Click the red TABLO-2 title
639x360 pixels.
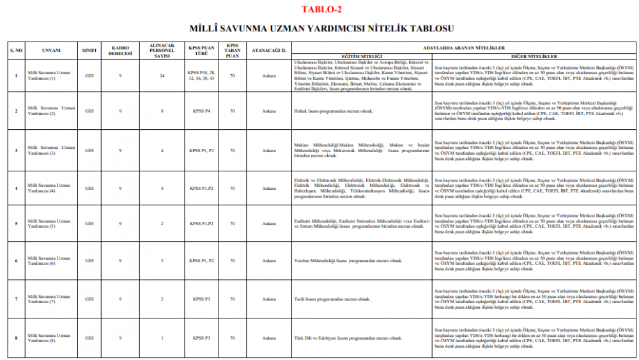point(321,9)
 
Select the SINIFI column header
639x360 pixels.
point(89,49)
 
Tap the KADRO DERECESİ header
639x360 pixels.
point(121,49)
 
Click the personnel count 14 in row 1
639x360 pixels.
point(162,75)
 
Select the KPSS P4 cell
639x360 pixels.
point(201,111)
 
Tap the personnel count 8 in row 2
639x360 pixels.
point(162,111)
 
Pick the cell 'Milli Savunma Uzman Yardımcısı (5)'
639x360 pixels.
point(49,223)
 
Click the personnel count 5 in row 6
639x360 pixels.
point(162,261)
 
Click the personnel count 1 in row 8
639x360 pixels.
point(162,338)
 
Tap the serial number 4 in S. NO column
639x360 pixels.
point(16,189)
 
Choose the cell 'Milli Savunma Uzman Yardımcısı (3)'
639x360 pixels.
point(49,150)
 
